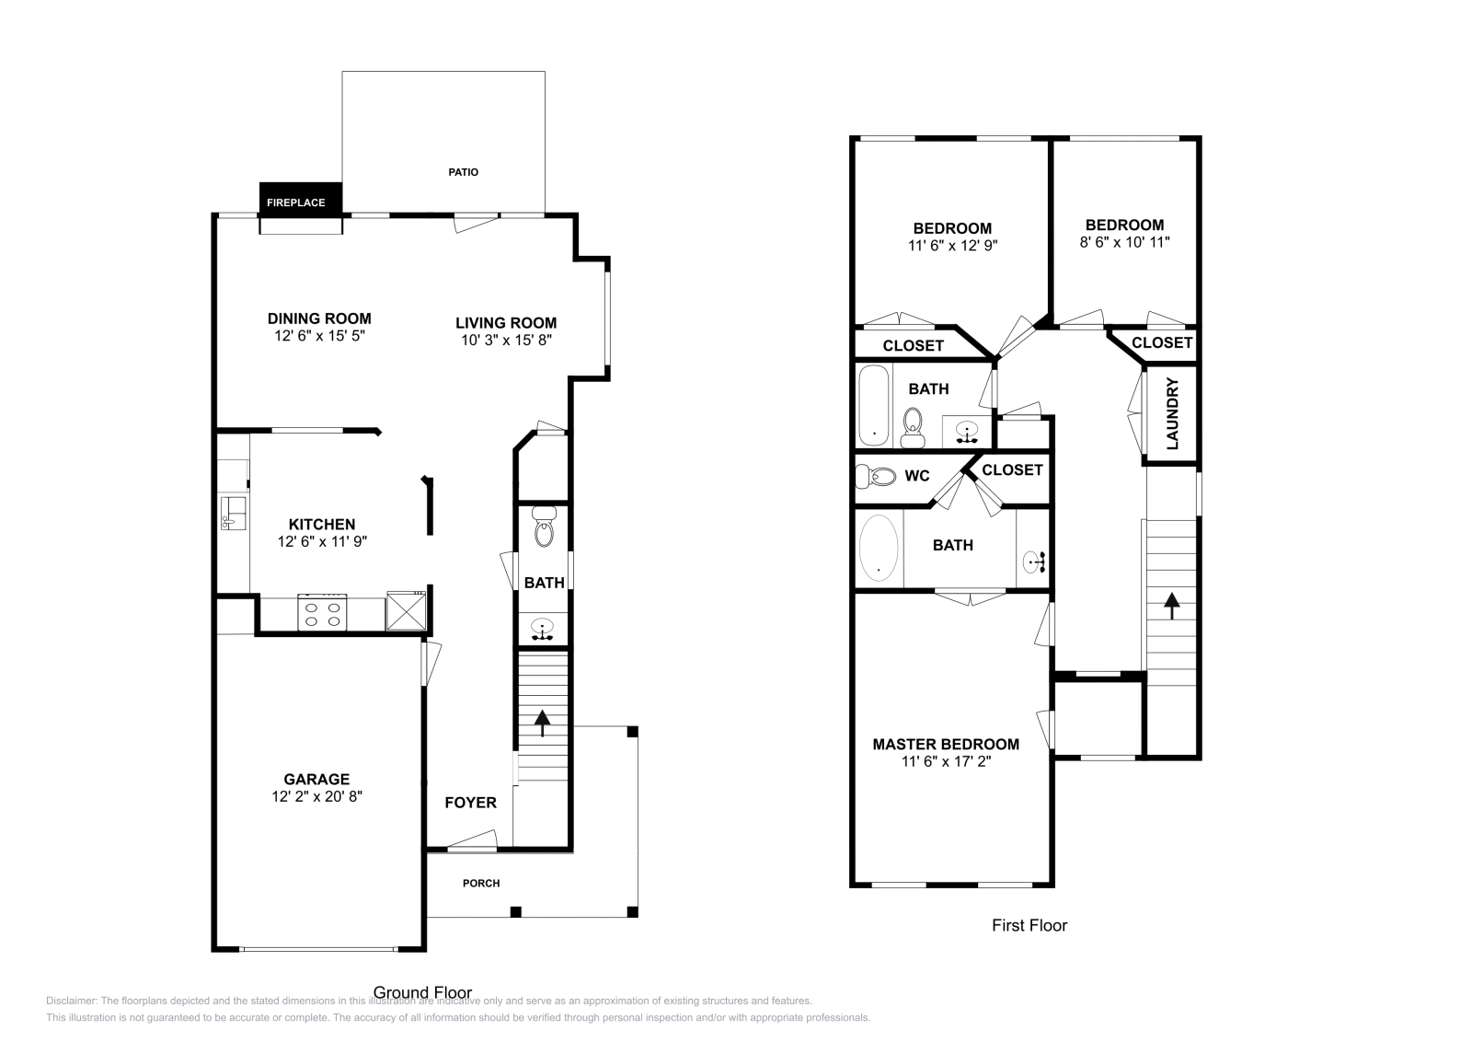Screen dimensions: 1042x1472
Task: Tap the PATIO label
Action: [x=463, y=172]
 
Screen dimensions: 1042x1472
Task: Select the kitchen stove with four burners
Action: [x=323, y=614]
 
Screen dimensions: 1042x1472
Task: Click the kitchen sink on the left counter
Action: [x=231, y=513]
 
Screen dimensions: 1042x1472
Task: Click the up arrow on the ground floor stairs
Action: [x=542, y=723]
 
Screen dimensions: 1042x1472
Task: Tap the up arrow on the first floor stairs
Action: [x=1171, y=606]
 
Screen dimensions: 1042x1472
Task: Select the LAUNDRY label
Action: [x=1172, y=414]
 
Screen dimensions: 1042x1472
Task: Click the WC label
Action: [x=916, y=476]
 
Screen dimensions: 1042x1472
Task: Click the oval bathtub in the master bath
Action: [x=879, y=548]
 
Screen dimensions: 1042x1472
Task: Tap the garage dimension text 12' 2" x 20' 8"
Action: [x=317, y=797]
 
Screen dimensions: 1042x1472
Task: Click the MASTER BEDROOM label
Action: [x=946, y=744]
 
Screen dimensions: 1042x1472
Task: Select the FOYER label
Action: [x=470, y=803]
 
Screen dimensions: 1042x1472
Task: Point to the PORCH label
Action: [x=480, y=884]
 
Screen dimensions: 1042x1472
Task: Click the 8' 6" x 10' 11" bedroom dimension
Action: [x=1124, y=242]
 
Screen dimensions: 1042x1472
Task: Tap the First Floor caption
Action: [x=1029, y=926]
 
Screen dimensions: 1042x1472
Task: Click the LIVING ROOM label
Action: [x=506, y=323]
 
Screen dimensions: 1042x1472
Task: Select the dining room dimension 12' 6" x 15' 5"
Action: [x=320, y=336]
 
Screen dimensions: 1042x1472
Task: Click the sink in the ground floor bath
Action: [x=542, y=629]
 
